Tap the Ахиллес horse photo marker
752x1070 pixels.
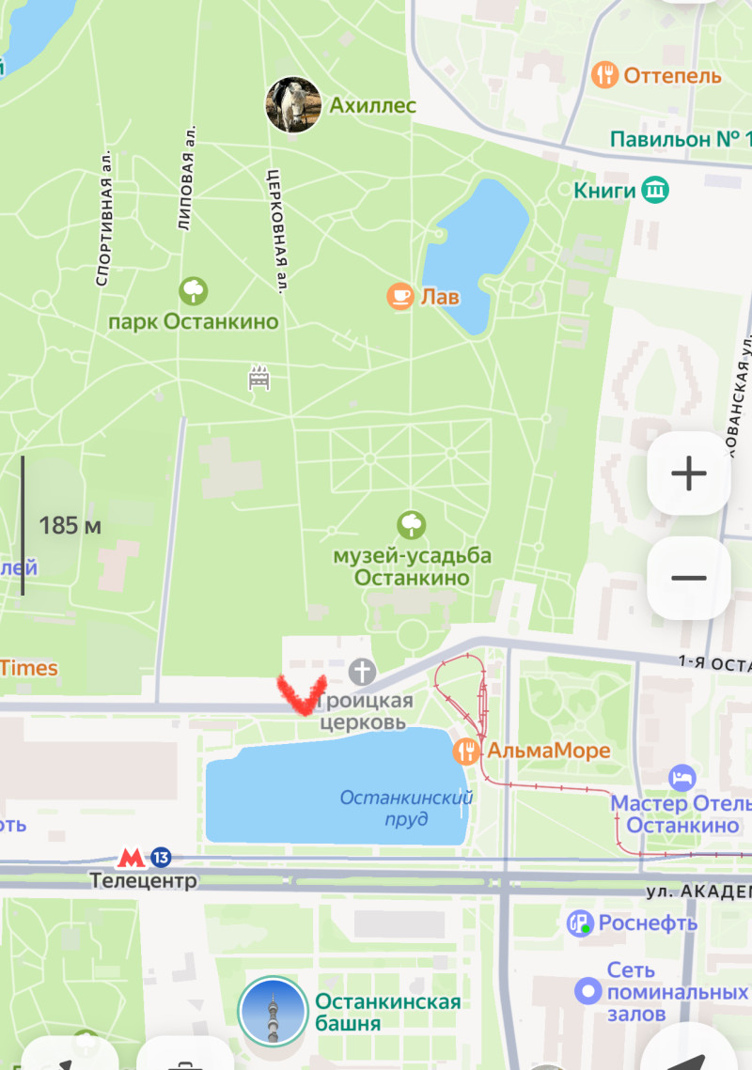point(294,105)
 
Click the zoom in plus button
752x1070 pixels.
point(689,473)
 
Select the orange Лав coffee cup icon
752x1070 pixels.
point(400,297)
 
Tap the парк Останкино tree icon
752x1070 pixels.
point(194,290)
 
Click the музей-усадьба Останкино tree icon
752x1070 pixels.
point(412,524)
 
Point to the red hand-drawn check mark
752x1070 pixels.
point(302,694)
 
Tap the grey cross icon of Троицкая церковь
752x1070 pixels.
point(362,672)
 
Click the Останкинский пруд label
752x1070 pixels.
point(406,808)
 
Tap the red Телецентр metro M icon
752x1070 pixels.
point(131,858)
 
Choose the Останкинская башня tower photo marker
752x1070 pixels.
point(273,1012)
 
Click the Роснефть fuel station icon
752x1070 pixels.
point(580,923)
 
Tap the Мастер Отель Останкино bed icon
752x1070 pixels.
point(682,778)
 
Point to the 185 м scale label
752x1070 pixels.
point(70,525)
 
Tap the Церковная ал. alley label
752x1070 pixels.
point(274,228)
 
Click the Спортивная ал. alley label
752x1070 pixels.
point(104,218)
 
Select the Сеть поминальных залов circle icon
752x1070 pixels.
point(588,989)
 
